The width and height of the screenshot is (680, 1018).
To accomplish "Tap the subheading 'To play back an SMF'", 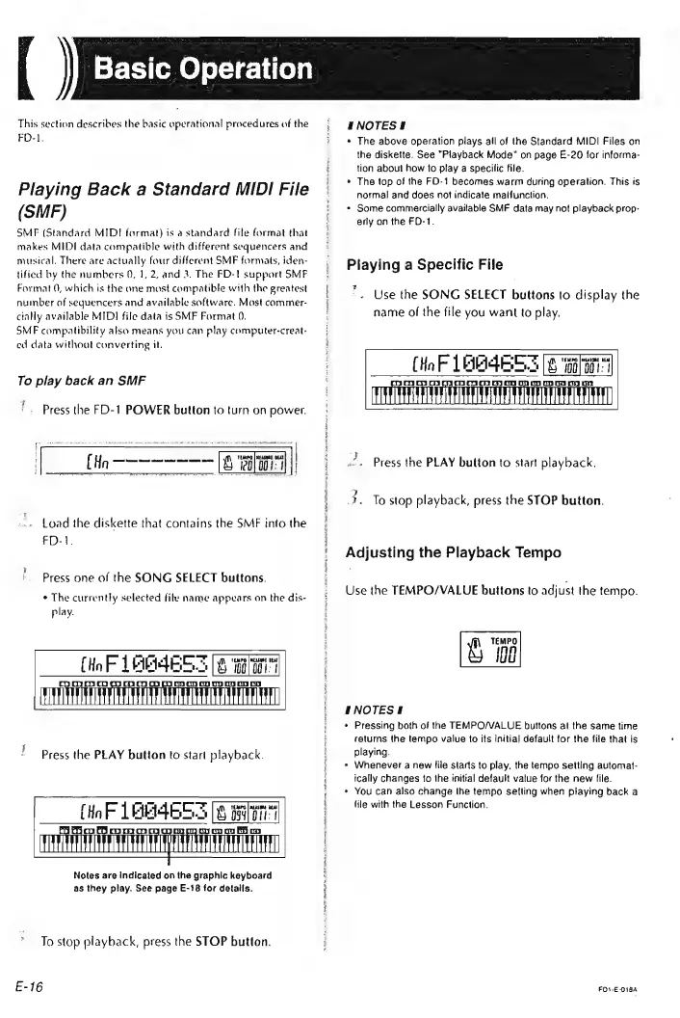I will (78, 354).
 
